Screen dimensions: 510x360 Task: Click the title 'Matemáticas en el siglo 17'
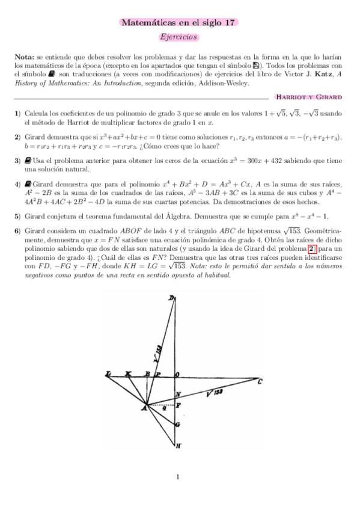(x=179, y=23)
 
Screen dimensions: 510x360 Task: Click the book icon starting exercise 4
(x=28, y=183)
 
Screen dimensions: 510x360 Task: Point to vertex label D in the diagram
(x=171, y=299)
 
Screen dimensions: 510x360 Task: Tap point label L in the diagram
(x=108, y=374)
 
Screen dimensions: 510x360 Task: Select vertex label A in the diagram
(x=144, y=410)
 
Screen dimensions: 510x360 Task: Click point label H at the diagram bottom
(x=178, y=446)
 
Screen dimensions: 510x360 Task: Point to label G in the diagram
(x=178, y=425)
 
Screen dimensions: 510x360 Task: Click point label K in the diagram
(x=128, y=374)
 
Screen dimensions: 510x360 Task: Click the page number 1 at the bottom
(x=178, y=478)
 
